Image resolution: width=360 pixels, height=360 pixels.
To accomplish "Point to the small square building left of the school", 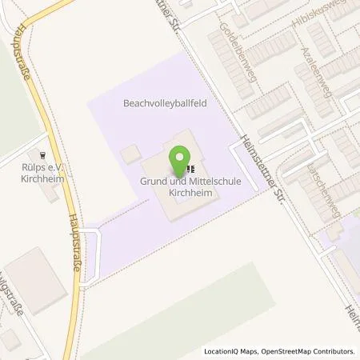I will pyautogui.click(x=128, y=152).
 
